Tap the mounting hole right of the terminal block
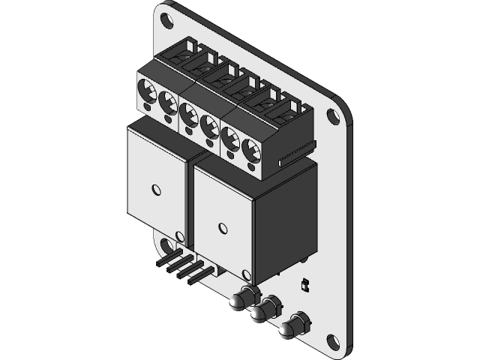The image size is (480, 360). [x=333, y=115]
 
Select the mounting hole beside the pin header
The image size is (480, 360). [x=165, y=245]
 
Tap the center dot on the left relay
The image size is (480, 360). [x=155, y=187]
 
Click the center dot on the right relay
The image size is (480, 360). [x=221, y=226]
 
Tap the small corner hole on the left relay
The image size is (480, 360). [x=178, y=237]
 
